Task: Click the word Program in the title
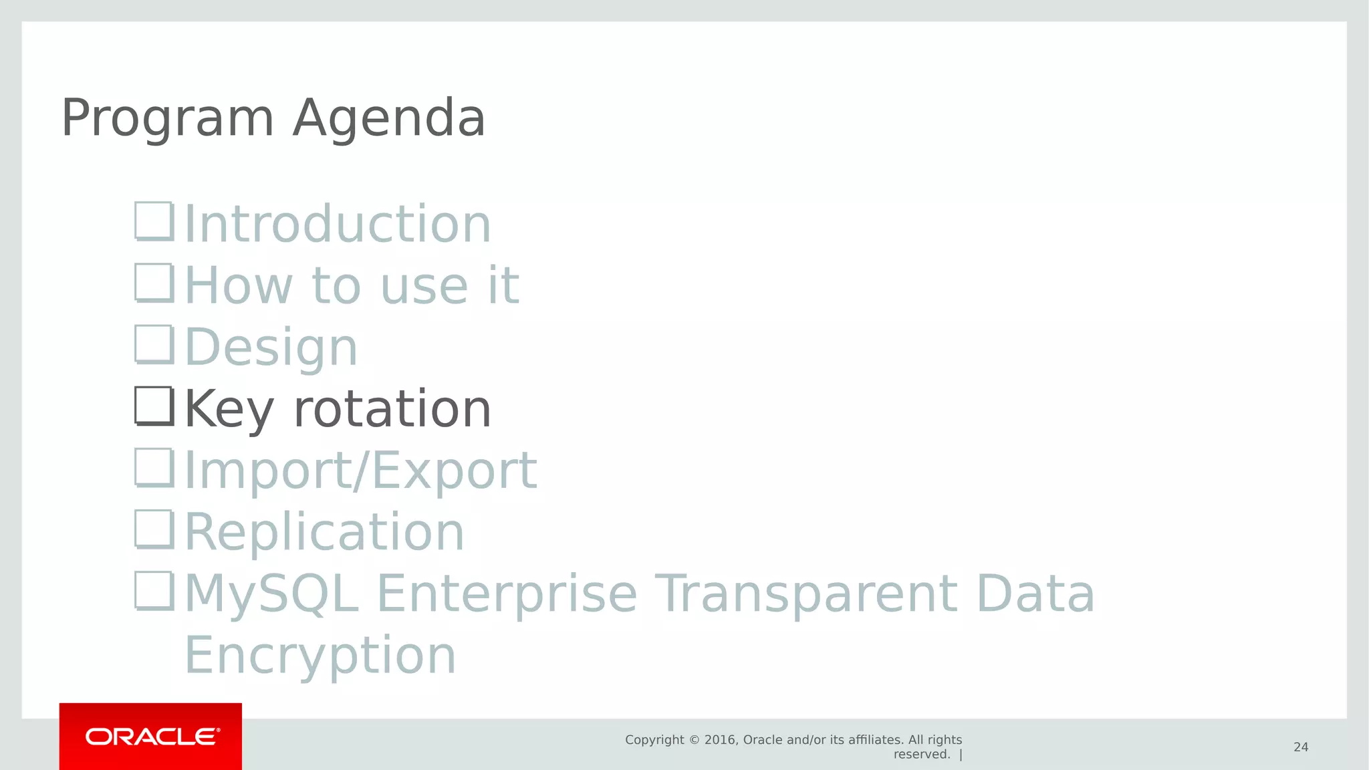pyautogui.click(x=167, y=119)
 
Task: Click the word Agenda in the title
pyautogui.click(x=389, y=119)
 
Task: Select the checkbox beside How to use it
pyautogui.click(x=154, y=283)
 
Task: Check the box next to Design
pyautogui.click(x=154, y=344)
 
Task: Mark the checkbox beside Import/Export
pyautogui.click(x=154, y=467)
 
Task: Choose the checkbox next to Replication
pyautogui.click(x=154, y=529)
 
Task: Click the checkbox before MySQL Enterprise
pyautogui.click(x=154, y=590)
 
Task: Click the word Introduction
pyautogui.click(x=338, y=224)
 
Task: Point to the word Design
pyautogui.click(x=271, y=348)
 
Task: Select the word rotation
pyautogui.click(x=392, y=409)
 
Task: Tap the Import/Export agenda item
pyautogui.click(x=360, y=471)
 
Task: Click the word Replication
pyautogui.click(x=324, y=532)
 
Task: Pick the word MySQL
pyautogui.click(x=271, y=594)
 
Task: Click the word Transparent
pyautogui.click(x=805, y=594)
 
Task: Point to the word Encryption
pyautogui.click(x=320, y=655)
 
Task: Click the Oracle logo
pyautogui.click(x=151, y=737)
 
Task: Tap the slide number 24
pyautogui.click(x=1300, y=747)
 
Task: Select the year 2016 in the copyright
pyautogui.click(x=721, y=740)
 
